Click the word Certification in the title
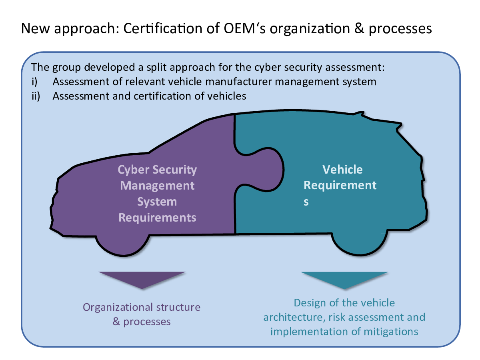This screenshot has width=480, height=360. (163, 28)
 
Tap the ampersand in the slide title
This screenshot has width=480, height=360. (359, 28)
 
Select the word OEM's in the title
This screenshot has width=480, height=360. (244, 28)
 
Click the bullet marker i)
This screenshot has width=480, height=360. (34, 82)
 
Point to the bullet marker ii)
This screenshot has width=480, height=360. (36, 96)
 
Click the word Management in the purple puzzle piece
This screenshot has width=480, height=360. (157, 186)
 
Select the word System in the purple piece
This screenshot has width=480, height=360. (157, 202)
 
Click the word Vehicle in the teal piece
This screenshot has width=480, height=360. (342, 169)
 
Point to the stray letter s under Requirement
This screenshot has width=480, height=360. (306, 202)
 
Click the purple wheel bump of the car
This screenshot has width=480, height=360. (123, 244)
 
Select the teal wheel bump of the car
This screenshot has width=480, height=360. (360, 243)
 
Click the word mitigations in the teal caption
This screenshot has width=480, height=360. (391, 332)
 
